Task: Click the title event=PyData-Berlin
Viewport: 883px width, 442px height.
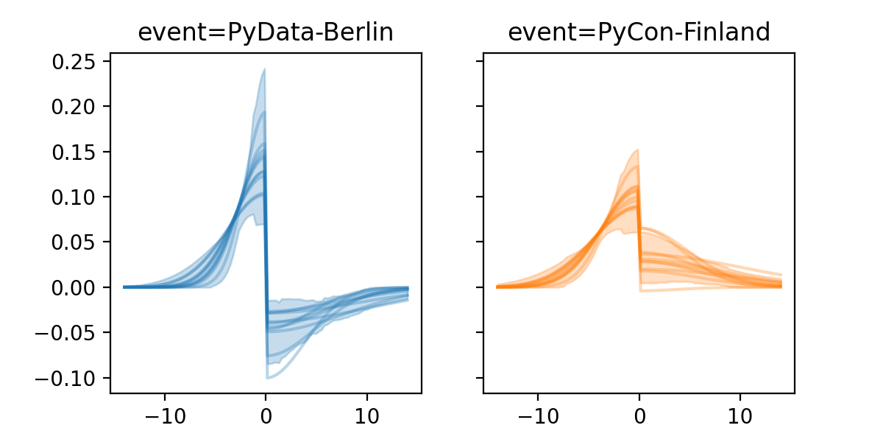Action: [266, 32]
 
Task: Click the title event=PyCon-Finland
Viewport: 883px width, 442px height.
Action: [639, 32]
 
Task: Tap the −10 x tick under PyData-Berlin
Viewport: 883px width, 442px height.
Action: [164, 413]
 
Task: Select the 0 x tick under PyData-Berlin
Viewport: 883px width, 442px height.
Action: [266, 413]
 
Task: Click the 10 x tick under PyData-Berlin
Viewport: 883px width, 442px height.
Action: [367, 413]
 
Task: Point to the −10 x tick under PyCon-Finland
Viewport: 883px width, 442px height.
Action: [537, 413]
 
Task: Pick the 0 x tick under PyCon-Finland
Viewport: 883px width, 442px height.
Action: [639, 413]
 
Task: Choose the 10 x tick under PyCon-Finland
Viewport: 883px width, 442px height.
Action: [740, 413]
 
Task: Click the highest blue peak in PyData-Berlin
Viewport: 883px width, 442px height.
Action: [264, 70]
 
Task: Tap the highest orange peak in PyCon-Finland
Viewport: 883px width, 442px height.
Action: [637, 150]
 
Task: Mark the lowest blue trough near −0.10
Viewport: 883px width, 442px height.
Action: [268, 378]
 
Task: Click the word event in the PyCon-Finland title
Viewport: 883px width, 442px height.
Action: [533, 32]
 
